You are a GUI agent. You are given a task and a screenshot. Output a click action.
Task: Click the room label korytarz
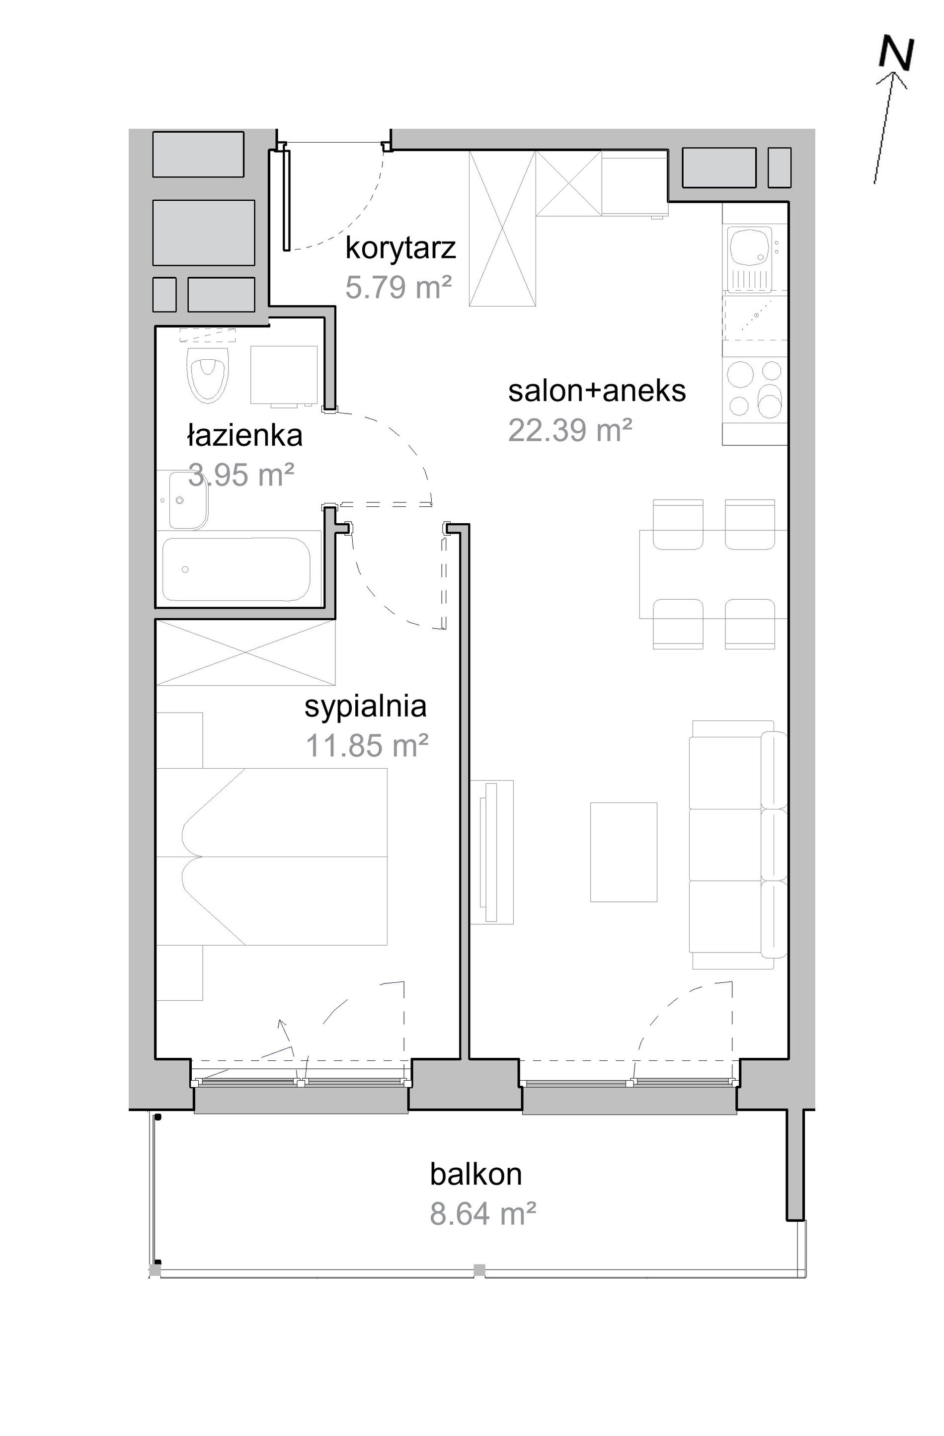400,248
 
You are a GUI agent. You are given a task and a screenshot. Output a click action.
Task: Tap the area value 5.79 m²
398,287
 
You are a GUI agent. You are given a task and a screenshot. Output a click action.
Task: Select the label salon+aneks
597,391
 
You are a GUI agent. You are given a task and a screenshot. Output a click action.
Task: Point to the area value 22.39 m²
570,430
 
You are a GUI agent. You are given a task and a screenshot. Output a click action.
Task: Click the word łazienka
244,435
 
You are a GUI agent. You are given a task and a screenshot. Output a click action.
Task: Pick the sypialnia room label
365,707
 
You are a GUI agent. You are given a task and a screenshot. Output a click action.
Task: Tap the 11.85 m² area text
367,746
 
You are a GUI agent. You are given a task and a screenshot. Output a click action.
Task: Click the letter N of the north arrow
896,53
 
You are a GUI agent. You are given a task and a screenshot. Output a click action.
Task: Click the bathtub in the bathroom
236,569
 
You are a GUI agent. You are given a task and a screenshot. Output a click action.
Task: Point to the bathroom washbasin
188,500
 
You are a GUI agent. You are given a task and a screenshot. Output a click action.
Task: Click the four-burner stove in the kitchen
755,389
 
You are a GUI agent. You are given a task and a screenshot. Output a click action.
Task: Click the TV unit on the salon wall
491,852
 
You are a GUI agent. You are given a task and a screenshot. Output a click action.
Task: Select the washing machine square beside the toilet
284,375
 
